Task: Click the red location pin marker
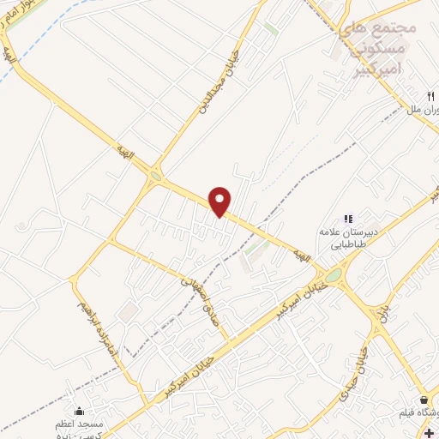[221, 201]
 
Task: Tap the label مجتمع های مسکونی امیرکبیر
[376, 47]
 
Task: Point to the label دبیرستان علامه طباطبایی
[348, 238]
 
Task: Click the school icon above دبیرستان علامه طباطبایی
[348, 219]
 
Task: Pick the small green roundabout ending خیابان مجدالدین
[155, 177]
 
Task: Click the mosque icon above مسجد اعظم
[80, 412]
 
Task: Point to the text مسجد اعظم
[80, 426]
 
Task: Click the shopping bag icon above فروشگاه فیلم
[424, 400]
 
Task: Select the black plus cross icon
[429, 433]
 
